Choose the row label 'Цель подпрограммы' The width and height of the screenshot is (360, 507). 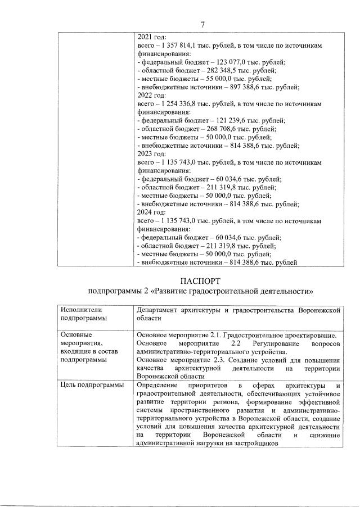pyautogui.click(x=92, y=385)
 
